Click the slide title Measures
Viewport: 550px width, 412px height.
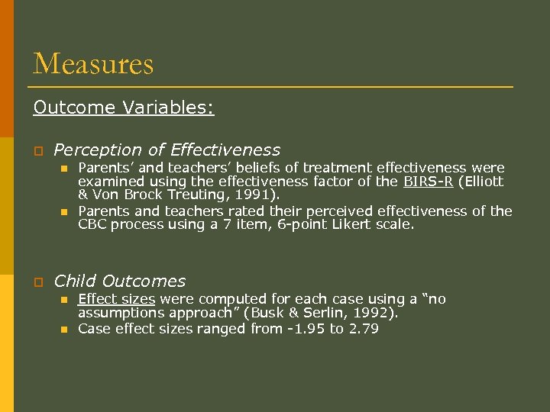coord(93,63)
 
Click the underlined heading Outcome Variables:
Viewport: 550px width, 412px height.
coord(124,108)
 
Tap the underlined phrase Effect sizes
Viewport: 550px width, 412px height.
coord(116,298)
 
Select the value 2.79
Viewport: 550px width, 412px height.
coord(363,329)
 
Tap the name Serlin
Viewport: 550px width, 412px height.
coord(317,313)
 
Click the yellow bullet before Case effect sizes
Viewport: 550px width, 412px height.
coord(64,330)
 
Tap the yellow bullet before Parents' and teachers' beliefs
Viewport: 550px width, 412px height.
coord(64,168)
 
